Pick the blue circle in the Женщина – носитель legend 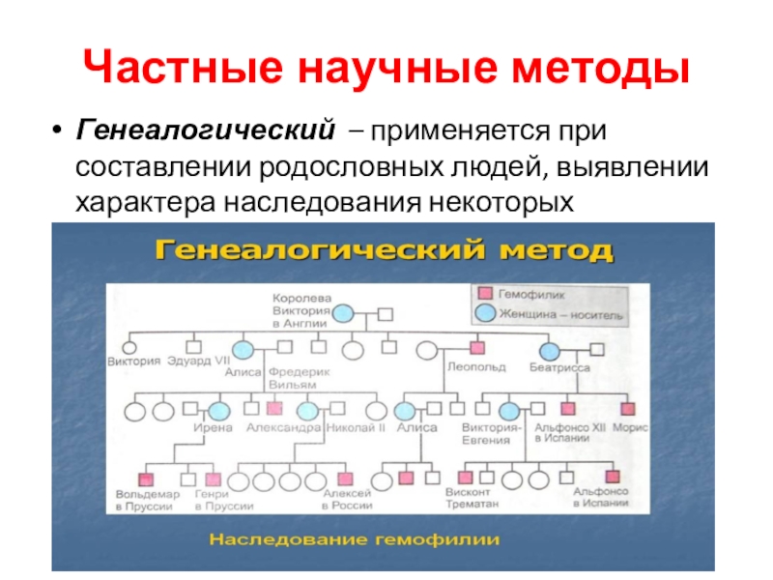tap(486, 314)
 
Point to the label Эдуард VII tap(195, 362)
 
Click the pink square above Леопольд tap(476, 347)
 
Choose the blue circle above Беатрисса tap(550, 350)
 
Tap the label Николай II tap(357, 426)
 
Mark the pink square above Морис tap(628, 410)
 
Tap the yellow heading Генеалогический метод tap(384, 252)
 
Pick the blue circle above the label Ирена tap(219, 410)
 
